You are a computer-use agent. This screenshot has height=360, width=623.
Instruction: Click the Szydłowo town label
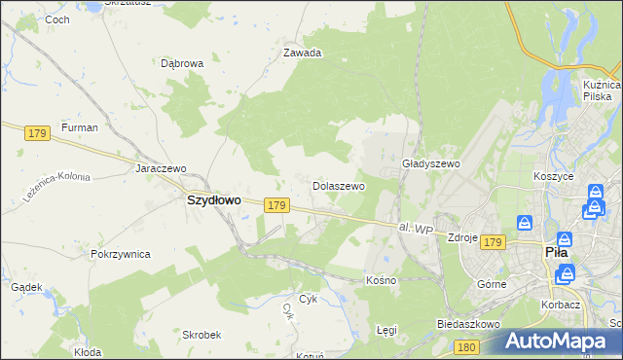pyautogui.click(x=213, y=199)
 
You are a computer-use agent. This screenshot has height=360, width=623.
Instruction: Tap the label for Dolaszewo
pyautogui.click(x=338, y=185)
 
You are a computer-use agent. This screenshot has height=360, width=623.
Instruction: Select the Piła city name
pyautogui.click(x=557, y=252)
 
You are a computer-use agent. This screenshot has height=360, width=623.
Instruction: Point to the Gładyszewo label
pyautogui.click(x=430, y=164)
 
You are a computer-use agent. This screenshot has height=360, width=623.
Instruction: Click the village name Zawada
pyautogui.click(x=302, y=54)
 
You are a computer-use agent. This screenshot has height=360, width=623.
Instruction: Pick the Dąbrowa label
pyautogui.click(x=182, y=63)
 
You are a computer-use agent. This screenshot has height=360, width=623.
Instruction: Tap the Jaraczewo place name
pyautogui.click(x=161, y=167)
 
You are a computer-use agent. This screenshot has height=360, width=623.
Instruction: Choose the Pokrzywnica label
pyautogui.click(x=120, y=254)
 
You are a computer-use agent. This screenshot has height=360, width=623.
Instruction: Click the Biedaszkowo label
pyautogui.click(x=468, y=324)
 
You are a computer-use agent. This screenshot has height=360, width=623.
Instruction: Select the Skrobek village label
pyautogui.click(x=202, y=334)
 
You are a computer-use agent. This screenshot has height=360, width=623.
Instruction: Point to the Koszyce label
pyautogui.click(x=554, y=177)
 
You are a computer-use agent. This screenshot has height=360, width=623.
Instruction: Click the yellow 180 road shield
pyautogui.click(x=467, y=346)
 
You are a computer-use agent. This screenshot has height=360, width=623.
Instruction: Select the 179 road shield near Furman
pyautogui.click(x=38, y=132)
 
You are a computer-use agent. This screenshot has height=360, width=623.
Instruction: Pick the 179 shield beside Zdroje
pyautogui.click(x=494, y=242)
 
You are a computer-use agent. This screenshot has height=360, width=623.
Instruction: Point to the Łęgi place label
pyautogui.click(x=386, y=330)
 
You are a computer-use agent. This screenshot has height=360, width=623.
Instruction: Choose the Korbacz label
pyautogui.click(x=563, y=305)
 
